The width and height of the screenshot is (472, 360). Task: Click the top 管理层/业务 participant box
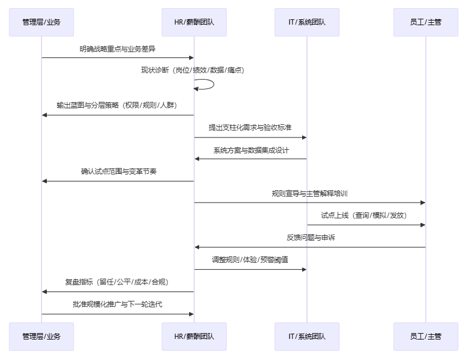[x=42, y=23]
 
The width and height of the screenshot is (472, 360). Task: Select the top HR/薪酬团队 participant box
[x=194, y=23]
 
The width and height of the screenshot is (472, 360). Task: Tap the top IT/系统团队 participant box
[x=307, y=23]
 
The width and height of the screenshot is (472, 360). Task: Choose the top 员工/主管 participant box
[x=426, y=23]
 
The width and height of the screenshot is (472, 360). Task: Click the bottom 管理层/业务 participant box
[x=42, y=337]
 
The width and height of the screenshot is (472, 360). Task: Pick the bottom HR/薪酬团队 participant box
[x=194, y=337]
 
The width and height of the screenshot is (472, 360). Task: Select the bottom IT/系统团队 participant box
[x=307, y=337]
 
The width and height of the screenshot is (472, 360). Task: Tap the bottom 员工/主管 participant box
[x=426, y=337]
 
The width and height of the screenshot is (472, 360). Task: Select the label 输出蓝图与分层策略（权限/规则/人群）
[x=118, y=106]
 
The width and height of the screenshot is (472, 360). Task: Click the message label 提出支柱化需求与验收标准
[x=251, y=128]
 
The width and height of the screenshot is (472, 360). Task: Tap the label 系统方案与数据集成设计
[x=251, y=150]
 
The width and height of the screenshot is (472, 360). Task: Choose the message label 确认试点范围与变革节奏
[x=118, y=172]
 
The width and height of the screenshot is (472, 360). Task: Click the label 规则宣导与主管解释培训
[x=310, y=194]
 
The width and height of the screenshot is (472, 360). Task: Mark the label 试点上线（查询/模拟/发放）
[x=366, y=215]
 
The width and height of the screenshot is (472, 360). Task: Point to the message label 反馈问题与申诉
[x=310, y=238]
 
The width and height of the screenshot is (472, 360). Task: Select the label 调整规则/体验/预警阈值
[x=251, y=260]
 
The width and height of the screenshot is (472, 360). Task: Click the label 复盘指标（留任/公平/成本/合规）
[x=118, y=282]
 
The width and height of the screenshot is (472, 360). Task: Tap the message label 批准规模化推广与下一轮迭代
[x=118, y=304]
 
